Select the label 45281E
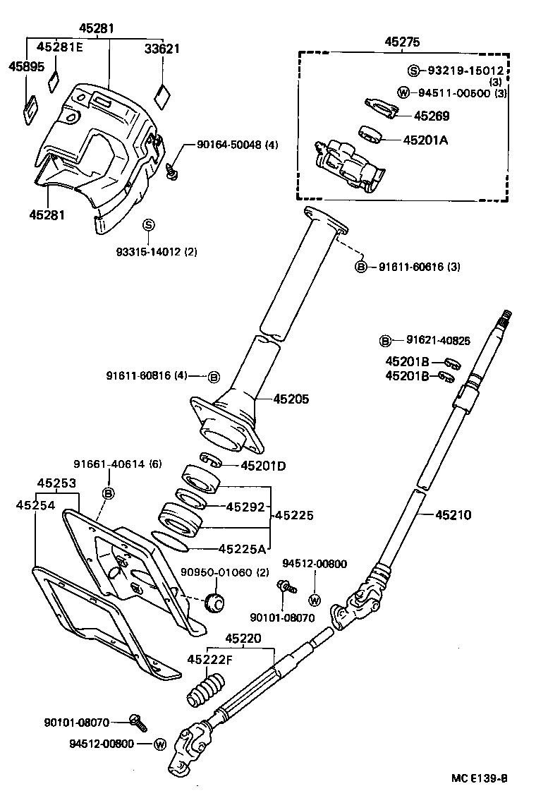point(59,48)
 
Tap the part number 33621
point(162,49)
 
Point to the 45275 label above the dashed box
point(402,42)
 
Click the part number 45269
point(431,116)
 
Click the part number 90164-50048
point(229,145)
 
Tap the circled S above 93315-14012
point(148,224)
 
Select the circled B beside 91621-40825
point(386,341)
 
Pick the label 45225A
point(242,548)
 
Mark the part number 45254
point(35,505)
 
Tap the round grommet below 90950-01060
point(214,603)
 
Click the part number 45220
point(243,639)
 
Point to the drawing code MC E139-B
point(480,779)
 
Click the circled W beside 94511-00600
point(403,92)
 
